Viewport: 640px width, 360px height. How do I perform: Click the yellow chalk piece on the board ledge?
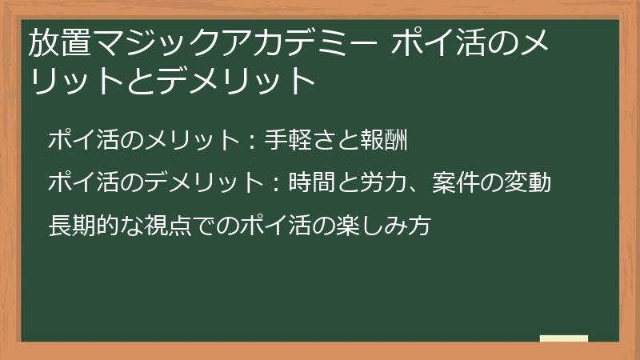click(x=563, y=338)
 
